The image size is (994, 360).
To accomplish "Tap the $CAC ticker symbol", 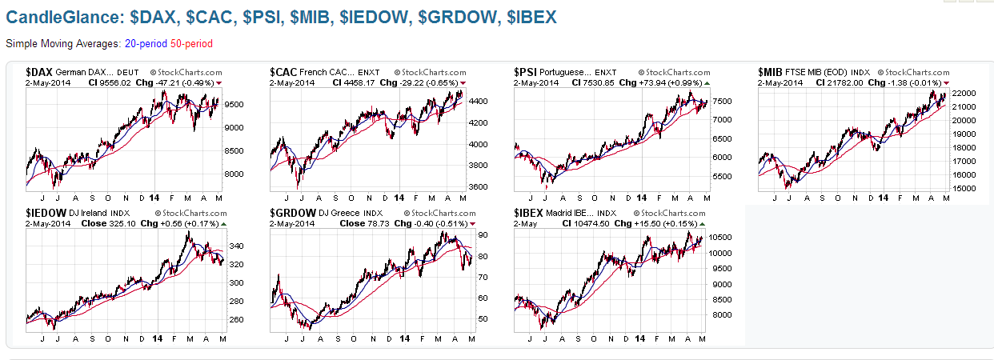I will pyautogui.click(x=285, y=72).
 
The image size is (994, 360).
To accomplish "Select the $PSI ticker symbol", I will pyautogui.click(x=527, y=72).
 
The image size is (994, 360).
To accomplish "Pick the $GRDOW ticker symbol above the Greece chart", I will pyautogui.click(x=294, y=213).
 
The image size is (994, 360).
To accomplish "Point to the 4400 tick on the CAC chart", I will pyautogui.click(x=478, y=102).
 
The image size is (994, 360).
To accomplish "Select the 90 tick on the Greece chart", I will pyautogui.click(x=483, y=235).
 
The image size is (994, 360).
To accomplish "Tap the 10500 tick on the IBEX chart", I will pyautogui.click(x=722, y=238).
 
